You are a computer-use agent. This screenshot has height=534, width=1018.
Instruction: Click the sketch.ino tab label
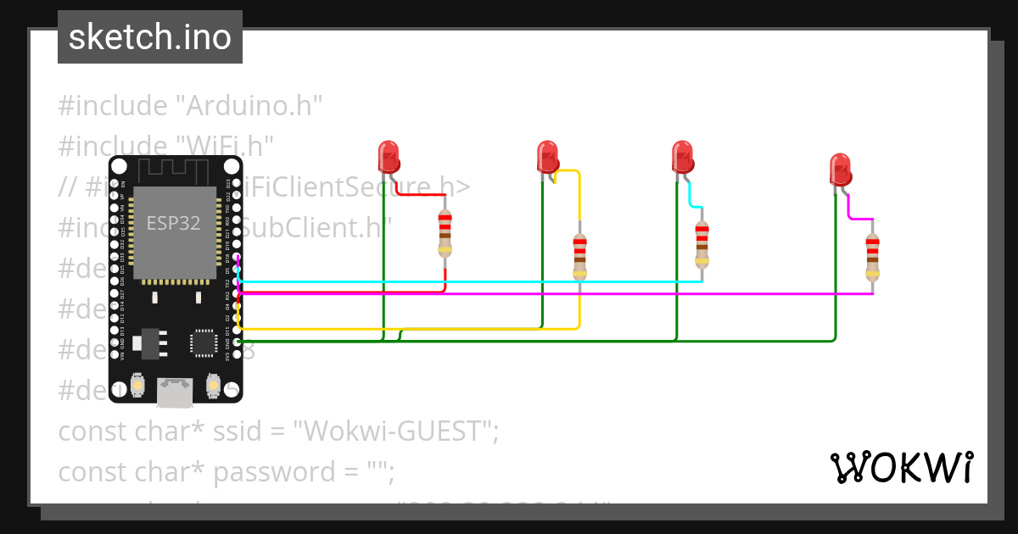coord(150,37)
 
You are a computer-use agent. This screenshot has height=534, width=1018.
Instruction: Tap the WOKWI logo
coord(901,467)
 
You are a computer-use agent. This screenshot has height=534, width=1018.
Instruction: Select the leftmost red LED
coord(389,158)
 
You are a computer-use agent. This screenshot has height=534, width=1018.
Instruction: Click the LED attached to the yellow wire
coord(548,159)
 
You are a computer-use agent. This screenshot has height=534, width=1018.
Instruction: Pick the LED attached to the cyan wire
coord(682,159)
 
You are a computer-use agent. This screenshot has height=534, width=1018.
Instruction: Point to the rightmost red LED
coord(840,170)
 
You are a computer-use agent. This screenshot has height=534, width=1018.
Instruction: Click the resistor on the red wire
coord(445,233)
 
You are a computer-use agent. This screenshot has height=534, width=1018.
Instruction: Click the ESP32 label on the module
coord(174,223)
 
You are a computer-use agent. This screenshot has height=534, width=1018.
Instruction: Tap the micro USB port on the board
coord(174,391)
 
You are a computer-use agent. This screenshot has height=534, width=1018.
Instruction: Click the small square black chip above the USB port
coord(204,342)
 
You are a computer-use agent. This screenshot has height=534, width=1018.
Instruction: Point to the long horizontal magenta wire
coord(551,294)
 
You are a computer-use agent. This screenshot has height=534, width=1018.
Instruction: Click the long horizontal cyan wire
coord(467,281)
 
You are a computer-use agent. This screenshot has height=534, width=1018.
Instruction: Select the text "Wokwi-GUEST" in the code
coord(395,431)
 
